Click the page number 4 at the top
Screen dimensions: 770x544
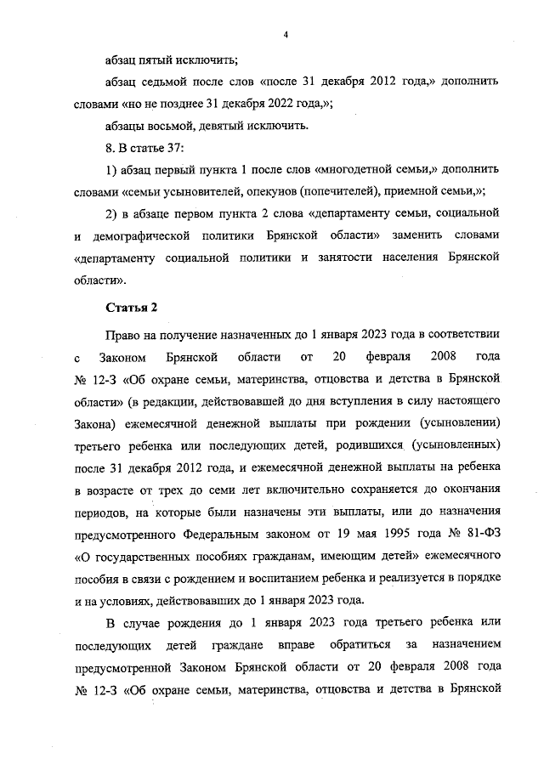pos(286,35)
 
